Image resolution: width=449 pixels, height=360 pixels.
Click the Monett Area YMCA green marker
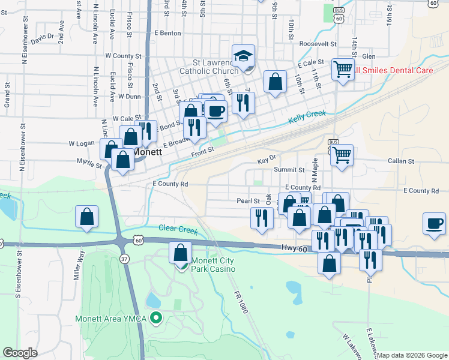pyautogui.click(x=157, y=318)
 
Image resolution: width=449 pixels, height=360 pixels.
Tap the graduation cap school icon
pyautogui.click(x=243, y=56)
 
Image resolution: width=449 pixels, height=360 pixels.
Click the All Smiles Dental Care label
pyautogui.click(x=394, y=70)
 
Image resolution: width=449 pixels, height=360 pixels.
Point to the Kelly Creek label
pyautogui.click(x=307, y=116)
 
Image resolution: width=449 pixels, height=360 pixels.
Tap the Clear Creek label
pyautogui.click(x=178, y=229)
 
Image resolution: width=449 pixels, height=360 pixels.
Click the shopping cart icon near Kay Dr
pyautogui.click(x=342, y=155)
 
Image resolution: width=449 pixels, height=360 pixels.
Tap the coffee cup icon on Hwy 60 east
pyautogui.click(x=434, y=224)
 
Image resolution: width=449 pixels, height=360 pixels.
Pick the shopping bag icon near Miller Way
pyautogui.click(x=87, y=217)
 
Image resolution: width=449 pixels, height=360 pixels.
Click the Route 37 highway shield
pyautogui.click(x=124, y=259)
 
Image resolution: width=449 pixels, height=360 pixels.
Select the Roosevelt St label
pyautogui.click(x=318, y=44)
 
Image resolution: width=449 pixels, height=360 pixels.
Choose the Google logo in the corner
pyautogui.click(x=20, y=353)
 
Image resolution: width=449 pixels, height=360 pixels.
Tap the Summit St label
pyautogui.click(x=285, y=170)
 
